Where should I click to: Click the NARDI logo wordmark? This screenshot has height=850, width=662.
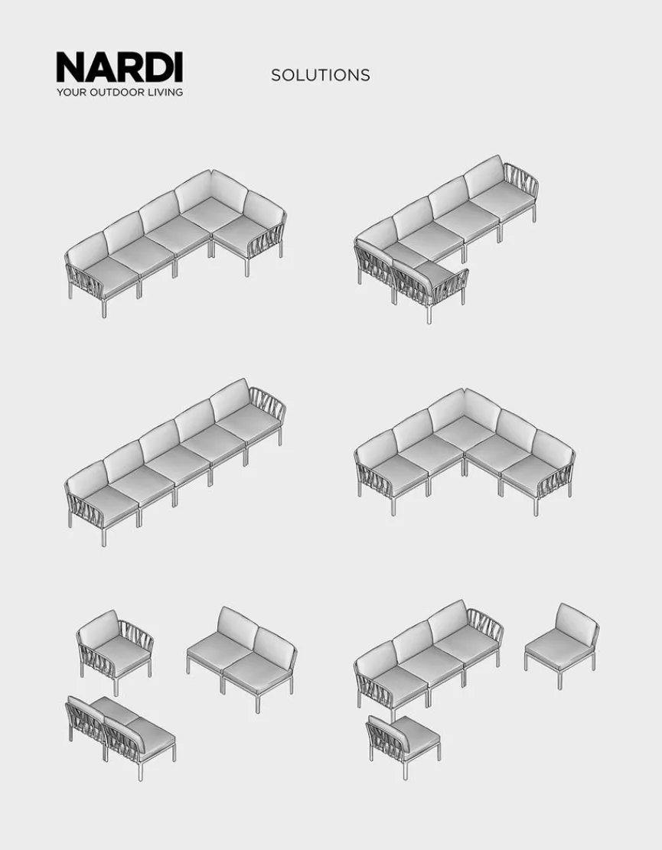click(119, 67)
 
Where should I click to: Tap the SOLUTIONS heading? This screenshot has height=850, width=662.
click(321, 75)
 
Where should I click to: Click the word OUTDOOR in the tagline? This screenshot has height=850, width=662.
click(117, 92)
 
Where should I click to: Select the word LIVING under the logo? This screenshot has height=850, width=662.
click(165, 92)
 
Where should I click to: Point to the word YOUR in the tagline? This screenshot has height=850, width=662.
click(72, 92)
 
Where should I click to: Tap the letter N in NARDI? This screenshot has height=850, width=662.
click(70, 67)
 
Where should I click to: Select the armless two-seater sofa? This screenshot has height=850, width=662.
click(242, 655)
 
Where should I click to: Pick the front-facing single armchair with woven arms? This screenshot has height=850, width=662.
click(115, 650)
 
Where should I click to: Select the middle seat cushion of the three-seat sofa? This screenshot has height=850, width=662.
click(429, 665)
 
